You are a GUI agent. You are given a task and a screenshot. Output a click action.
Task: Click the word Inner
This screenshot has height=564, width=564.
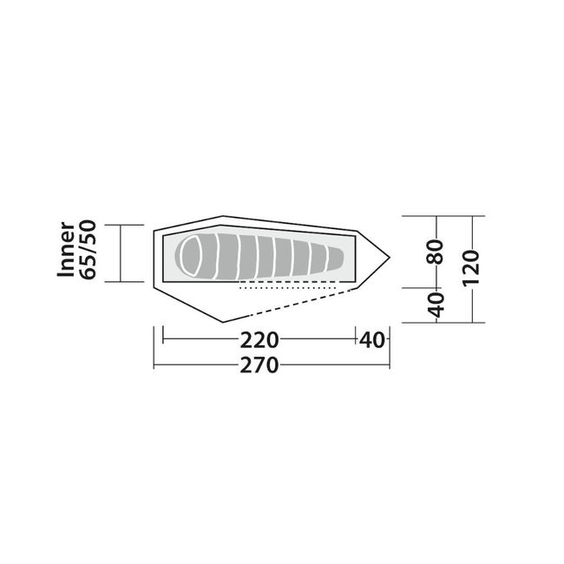[66, 250]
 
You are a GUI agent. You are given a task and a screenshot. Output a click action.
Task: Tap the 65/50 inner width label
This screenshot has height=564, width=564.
[88, 250]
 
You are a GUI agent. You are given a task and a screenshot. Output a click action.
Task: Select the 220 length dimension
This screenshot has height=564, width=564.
[259, 340]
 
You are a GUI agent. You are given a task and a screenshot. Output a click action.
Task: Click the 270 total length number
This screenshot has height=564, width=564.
[259, 365]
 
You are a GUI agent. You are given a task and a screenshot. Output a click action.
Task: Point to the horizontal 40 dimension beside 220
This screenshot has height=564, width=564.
[372, 340]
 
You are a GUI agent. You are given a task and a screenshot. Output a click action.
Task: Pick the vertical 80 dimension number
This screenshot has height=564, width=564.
[436, 252]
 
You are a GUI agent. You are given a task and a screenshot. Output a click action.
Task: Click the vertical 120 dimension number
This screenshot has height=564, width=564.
[471, 268]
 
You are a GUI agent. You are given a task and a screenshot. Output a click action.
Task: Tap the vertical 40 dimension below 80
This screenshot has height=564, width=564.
[436, 305]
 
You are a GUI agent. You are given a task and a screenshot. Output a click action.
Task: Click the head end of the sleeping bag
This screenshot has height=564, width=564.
[191, 256]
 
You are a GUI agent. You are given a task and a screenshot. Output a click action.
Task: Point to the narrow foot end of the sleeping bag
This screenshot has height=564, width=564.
[338, 258]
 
